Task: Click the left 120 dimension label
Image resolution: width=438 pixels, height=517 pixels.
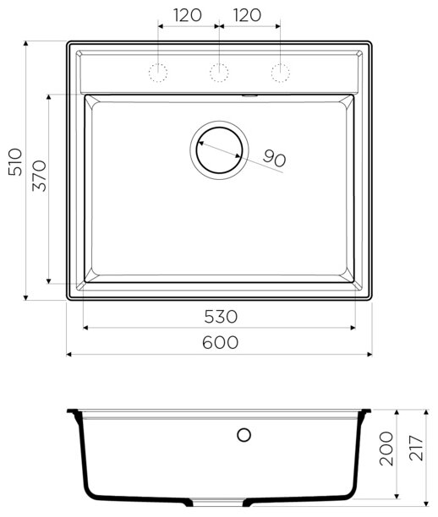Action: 187,15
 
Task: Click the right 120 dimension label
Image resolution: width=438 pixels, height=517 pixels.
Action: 247,15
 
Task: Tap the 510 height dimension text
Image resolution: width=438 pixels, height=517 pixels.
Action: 15,162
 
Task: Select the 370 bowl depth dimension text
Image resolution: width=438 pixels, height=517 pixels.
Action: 39,176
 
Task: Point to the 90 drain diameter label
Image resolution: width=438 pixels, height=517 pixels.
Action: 274,158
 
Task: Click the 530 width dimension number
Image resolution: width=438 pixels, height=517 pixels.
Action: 221,317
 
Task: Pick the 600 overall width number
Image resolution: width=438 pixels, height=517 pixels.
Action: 220,342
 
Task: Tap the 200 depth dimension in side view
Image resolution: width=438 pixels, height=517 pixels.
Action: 386,449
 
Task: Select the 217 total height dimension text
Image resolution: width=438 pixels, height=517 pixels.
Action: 416,448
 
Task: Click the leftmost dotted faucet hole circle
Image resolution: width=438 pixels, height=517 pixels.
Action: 158,73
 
